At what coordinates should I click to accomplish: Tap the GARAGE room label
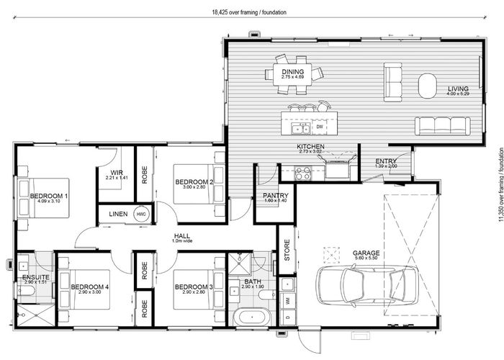[x=366, y=253]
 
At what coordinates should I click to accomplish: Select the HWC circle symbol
[x=141, y=215]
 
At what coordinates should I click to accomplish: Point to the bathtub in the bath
[x=251, y=318]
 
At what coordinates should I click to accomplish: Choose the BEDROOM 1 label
[x=49, y=195]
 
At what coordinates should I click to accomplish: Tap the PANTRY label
[x=276, y=195]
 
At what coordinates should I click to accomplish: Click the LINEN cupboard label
[x=118, y=215]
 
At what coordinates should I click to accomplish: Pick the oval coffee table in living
[x=427, y=84]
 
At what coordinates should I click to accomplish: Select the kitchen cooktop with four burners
[x=302, y=173]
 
